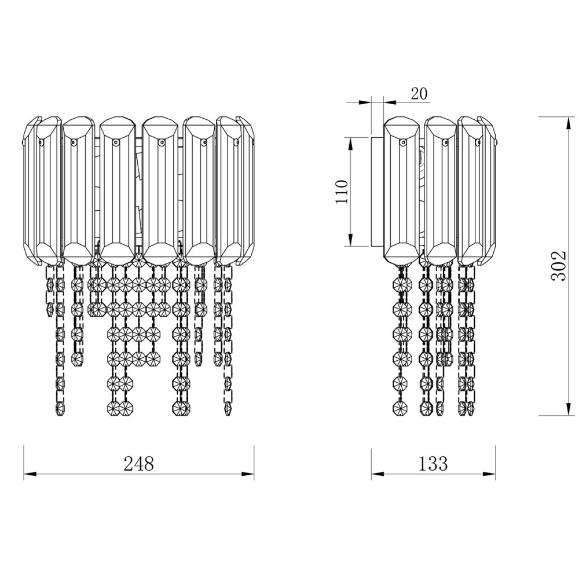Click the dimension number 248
(x=139, y=463)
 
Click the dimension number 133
(x=433, y=463)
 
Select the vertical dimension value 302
(x=558, y=266)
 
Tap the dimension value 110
(x=342, y=192)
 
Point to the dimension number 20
(x=419, y=94)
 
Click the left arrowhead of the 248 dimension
(x=30, y=474)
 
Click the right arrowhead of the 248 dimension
(x=248, y=474)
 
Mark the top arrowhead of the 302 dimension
(x=569, y=123)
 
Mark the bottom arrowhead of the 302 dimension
(x=569, y=409)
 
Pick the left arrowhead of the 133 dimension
(x=378, y=474)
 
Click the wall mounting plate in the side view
(x=378, y=192)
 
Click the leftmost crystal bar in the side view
(x=402, y=190)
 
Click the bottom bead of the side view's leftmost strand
(x=399, y=408)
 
